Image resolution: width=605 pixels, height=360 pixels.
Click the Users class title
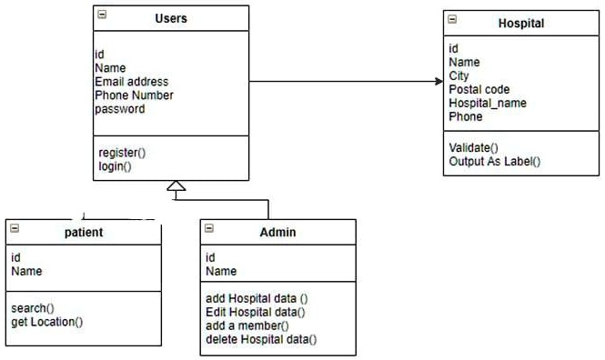pyautogui.click(x=171, y=18)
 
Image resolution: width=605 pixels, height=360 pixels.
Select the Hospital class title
pyautogui.click(x=520, y=24)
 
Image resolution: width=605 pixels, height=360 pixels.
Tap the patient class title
pyautogui.click(x=84, y=232)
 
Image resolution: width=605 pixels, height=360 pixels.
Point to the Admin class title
pyautogui.click(x=277, y=233)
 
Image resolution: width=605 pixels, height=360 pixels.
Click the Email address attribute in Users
pyautogui.click(x=131, y=82)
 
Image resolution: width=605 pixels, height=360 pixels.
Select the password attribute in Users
pyautogui.click(x=119, y=109)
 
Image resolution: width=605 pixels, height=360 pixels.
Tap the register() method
pyautogui.click(x=122, y=153)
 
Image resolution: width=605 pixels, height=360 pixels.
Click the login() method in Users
pyautogui.click(x=115, y=166)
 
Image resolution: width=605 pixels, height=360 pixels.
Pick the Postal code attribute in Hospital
pyautogui.click(x=479, y=89)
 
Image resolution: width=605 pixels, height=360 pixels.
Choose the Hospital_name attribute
pyautogui.click(x=487, y=103)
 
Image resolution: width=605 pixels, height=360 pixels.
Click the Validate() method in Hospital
pyautogui.click(x=473, y=147)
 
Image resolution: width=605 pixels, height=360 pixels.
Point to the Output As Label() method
pyautogui.click(x=494, y=161)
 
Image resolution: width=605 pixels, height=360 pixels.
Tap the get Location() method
pyautogui.click(x=46, y=321)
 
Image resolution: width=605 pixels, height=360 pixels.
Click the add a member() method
pyautogui.click(x=247, y=325)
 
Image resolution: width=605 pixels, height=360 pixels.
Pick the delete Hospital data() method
pyautogui.click(x=261, y=339)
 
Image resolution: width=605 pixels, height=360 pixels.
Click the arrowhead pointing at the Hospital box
pyautogui.click(x=438, y=81)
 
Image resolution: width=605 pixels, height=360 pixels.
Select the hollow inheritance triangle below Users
pyautogui.click(x=176, y=187)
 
